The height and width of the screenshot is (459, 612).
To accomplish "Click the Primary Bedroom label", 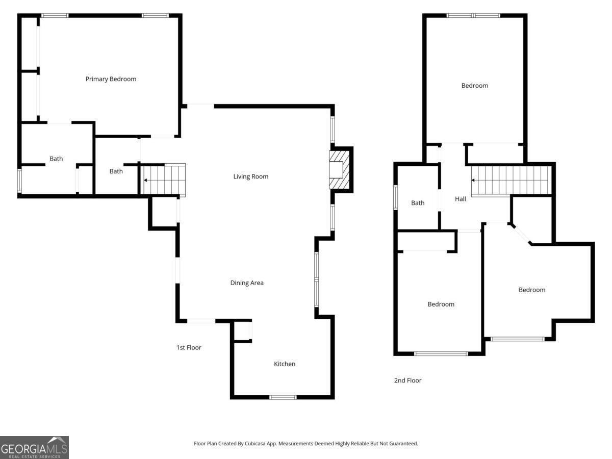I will tap(111, 79).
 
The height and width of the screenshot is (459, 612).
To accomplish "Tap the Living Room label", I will tap(250, 176).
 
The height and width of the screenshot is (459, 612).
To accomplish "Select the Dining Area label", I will tap(247, 283).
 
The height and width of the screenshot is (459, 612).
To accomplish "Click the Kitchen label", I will tap(285, 364).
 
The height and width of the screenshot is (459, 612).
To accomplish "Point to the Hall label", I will tap(461, 199).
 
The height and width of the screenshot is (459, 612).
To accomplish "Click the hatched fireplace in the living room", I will tap(339, 169).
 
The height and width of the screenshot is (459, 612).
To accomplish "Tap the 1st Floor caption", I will tap(189, 347).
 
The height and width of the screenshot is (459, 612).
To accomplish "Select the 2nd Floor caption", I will tap(407, 380).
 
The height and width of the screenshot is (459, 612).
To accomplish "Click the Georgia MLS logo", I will tap(34, 447).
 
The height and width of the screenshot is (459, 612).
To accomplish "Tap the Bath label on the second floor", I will tap(418, 203).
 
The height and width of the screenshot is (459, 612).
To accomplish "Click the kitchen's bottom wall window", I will tap(283, 397).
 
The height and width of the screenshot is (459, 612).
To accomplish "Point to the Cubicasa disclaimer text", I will tap(305, 443).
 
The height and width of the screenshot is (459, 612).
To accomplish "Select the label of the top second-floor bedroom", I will tap(474, 86).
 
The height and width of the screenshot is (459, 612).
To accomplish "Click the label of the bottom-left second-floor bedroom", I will tap(441, 304).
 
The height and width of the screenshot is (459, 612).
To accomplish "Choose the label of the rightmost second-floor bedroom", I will tap(532, 290).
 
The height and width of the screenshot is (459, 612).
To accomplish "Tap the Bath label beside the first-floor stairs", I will tap(116, 171).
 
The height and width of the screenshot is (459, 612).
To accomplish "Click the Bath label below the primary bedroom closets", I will tap(56, 159).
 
